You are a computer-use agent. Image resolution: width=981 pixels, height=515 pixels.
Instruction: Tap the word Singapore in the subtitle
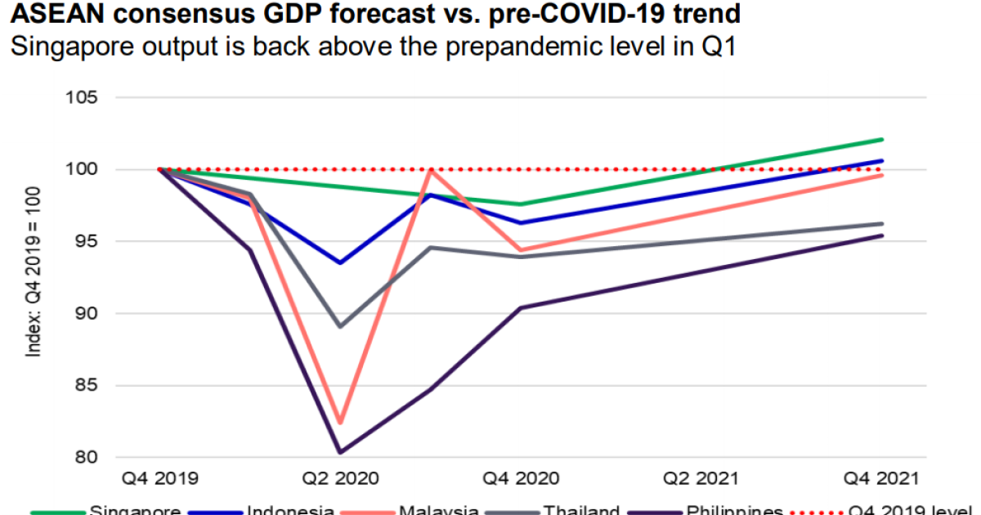pyautogui.click(x=69, y=47)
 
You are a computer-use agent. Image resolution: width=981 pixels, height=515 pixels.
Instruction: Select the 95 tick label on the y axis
pyautogui.click(x=84, y=242)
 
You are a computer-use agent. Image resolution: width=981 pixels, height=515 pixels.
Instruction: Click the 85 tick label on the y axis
pyautogui.click(x=84, y=386)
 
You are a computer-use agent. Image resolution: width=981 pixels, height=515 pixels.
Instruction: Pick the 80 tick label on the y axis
pyautogui.click(x=84, y=458)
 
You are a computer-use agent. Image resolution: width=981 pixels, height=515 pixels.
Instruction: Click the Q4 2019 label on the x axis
pyautogui.click(x=159, y=478)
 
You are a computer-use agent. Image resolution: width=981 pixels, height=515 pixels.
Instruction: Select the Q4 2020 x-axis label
pyautogui.click(x=521, y=478)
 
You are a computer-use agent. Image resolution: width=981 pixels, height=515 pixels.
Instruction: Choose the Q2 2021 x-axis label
pyautogui.click(x=701, y=478)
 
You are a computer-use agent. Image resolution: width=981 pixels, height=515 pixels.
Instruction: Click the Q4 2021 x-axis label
pyautogui.click(x=882, y=478)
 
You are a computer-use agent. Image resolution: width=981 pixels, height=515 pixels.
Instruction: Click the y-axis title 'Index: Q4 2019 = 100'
pyautogui.click(x=34, y=278)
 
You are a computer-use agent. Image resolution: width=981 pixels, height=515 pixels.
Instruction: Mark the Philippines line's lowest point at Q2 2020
pyautogui.click(x=340, y=452)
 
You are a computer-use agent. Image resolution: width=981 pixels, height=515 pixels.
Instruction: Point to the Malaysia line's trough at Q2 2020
pyautogui.click(x=340, y=423)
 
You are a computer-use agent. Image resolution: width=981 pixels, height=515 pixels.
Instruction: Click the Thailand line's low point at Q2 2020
pyautogui.click(x=340, y=326)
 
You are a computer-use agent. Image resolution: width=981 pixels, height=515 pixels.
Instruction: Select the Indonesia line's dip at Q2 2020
pyautogui.click(x=340, y=262)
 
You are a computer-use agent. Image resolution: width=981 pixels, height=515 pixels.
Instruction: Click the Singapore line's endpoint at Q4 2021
pyautogui.click(x=882, y=140)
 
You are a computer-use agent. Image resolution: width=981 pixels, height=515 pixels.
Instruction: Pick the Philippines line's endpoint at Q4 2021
pyautogui.click(x=882, y=235)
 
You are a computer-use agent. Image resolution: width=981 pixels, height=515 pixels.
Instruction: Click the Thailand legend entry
pyautogui.click(x=581, y=510)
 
